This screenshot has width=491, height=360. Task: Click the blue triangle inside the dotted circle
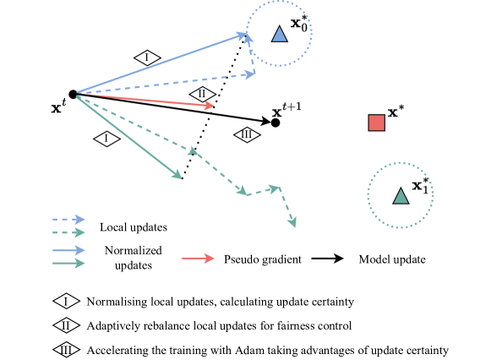[279, 34]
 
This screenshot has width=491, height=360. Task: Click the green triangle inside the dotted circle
[401, 196]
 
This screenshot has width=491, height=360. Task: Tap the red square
[377, 123]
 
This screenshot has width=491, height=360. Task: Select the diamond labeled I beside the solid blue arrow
[147, 57]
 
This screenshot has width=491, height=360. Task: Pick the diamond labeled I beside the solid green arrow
[106, 139]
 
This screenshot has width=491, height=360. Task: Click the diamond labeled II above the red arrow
[202, 94]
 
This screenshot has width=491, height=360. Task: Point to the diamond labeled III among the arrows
[247, 134]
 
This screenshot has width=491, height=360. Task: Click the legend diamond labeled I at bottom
[66, 301]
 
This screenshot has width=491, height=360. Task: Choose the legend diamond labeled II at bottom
[66, 325]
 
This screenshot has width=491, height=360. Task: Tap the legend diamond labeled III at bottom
[66, 349]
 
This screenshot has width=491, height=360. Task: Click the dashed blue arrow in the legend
[68, 220]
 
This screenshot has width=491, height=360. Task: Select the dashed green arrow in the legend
[68, 232]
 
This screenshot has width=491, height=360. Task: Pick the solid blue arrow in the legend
[68, 250]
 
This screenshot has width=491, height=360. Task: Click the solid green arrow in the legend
[68, 263]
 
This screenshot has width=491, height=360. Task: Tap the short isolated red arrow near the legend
[198, 258]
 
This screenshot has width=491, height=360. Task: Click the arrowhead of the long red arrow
[210, 106]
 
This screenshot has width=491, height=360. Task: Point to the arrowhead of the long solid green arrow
[177, 175]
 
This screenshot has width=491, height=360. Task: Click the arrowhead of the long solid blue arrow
[242, 35]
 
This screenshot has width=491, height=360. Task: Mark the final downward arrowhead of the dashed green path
[292, 222]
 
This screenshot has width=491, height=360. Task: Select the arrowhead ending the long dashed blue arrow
[250, 74]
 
